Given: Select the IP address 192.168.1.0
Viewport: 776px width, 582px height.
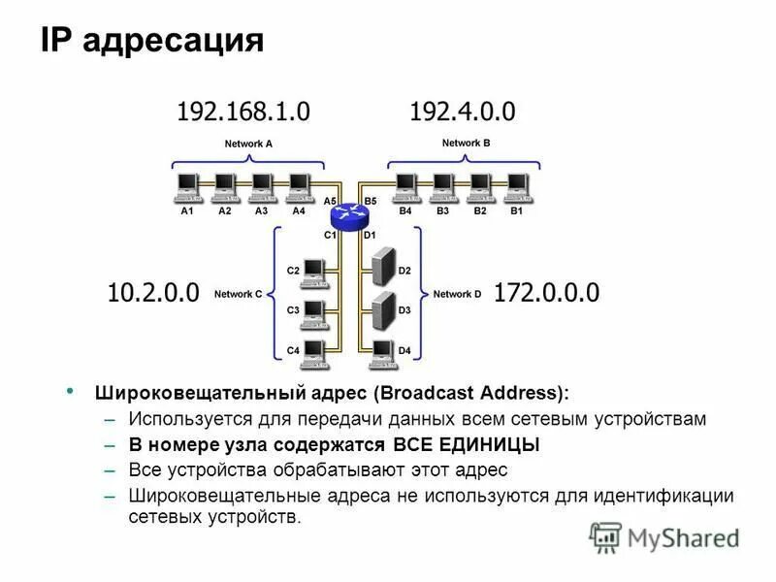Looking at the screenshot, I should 243,112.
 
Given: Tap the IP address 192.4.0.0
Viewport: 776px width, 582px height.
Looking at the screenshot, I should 463,112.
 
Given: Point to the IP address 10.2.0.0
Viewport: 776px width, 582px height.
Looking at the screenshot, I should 152,292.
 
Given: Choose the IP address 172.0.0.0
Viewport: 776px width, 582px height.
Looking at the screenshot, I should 547,292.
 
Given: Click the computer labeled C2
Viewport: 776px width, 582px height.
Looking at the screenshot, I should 313,273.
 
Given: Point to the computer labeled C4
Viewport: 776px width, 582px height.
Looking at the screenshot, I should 313,351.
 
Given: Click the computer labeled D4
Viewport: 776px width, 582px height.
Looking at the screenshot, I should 382,350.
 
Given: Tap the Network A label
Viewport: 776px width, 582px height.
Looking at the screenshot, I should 248,144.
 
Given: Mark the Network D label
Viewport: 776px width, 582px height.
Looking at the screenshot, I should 458,294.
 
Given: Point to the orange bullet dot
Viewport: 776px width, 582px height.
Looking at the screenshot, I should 69,390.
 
